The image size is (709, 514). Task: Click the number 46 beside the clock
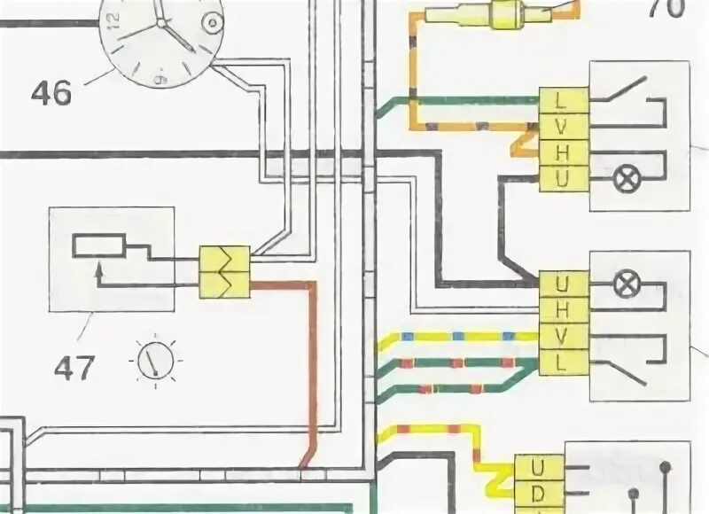tap(51, 92)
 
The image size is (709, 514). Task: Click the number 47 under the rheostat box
tap(74, 365)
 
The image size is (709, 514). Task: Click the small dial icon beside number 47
tap(156, 362)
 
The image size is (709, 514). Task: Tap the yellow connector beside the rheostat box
tap(225, 272)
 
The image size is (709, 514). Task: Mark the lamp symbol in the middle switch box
tap(626, 285)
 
